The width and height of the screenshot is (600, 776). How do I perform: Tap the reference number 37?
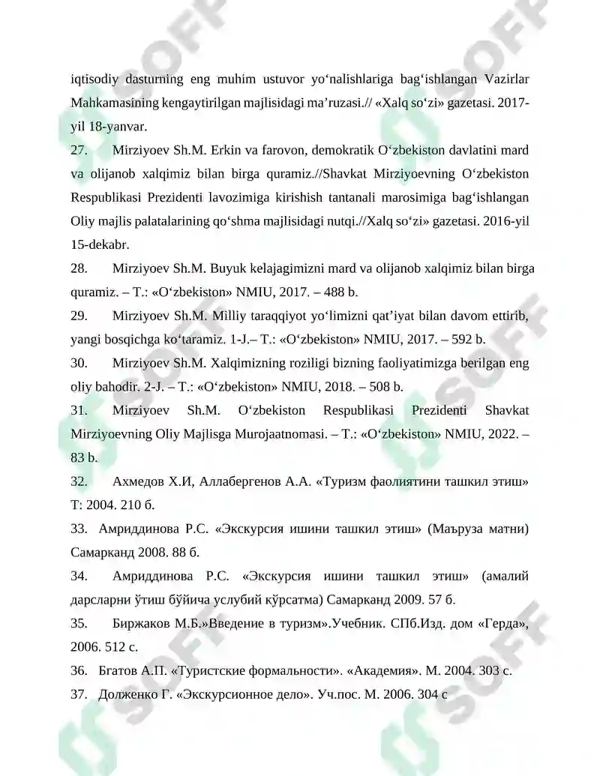[x=79, y=694]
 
